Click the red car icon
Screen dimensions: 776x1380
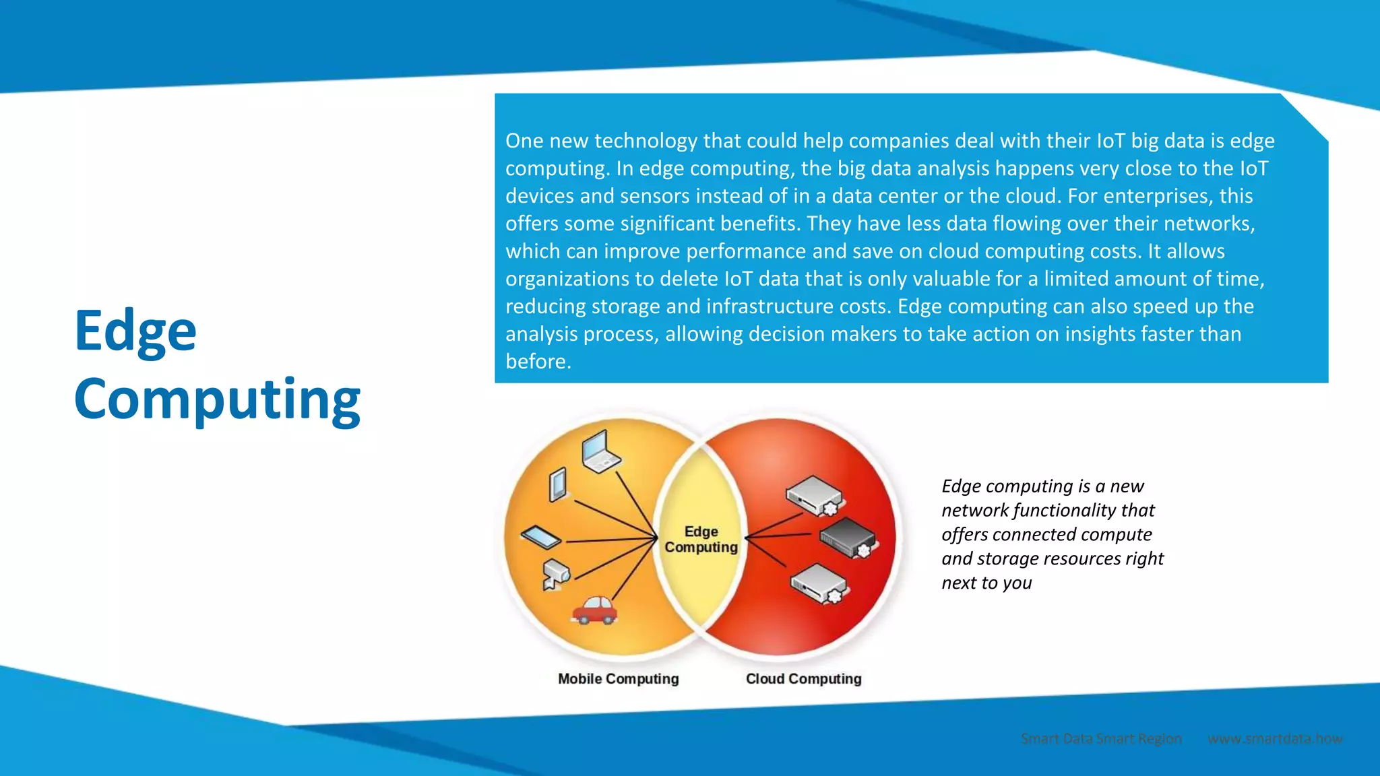tap(594, 610)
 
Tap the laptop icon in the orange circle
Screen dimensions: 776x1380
tap(600, 451)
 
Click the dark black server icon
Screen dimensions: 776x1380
tap(848, 538)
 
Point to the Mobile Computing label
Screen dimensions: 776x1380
tap(618, 679)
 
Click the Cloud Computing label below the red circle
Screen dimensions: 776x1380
tap(803, 679)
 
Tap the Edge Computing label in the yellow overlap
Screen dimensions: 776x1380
tap(701, 540)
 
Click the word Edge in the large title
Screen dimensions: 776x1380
tap(135, 331)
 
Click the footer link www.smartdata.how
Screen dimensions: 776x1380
tap(1275, 739)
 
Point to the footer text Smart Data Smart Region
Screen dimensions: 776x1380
tap(1101, 739)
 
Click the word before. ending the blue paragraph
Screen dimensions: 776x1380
tap(538, 362)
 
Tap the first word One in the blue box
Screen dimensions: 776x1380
tap(524, 141)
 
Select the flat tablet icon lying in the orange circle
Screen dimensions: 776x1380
tap(541, 537)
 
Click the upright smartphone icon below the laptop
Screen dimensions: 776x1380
tap(558, 484)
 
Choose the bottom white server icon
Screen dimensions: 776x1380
tap(819, 583)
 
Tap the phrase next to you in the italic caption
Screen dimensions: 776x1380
tap(986, 583)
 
